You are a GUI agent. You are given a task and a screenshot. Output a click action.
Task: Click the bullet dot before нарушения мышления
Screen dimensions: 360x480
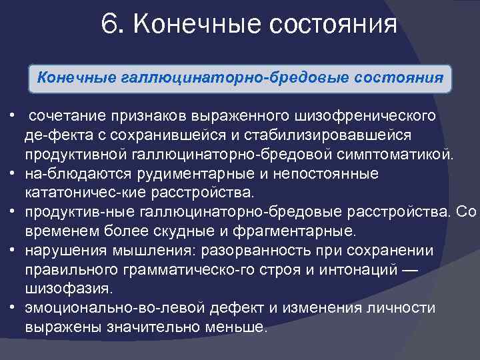(13, 251)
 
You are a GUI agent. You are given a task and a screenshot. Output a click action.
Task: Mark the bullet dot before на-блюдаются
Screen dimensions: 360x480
(13, 174)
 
